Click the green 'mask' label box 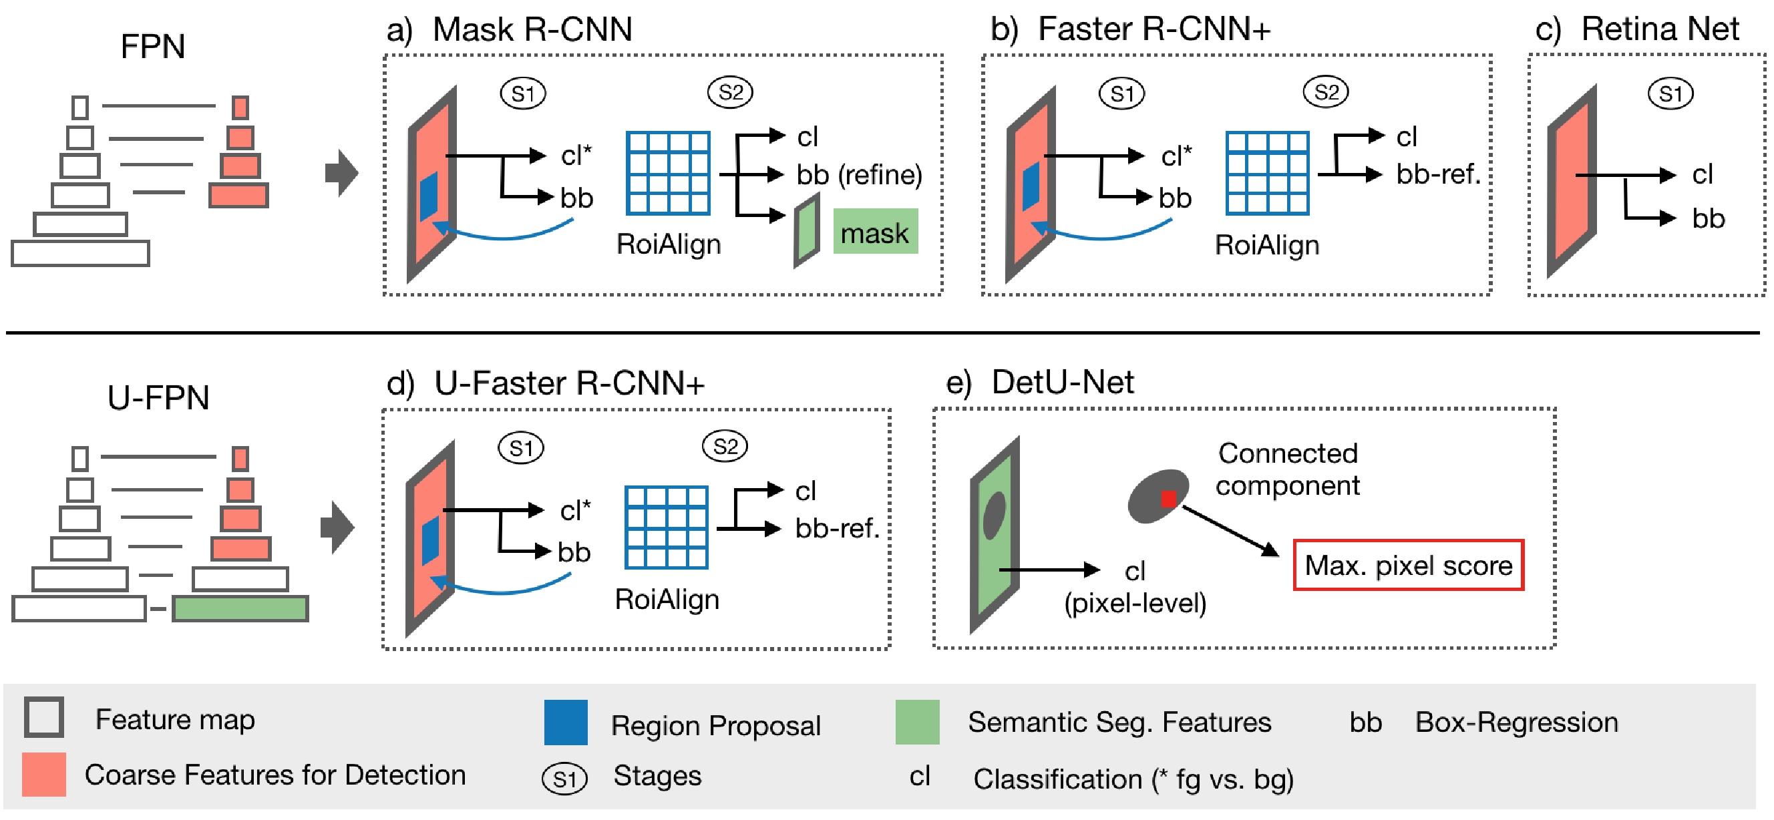click(874, 232)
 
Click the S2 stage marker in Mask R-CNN click(730, 92)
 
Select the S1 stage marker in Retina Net click(1670, 93)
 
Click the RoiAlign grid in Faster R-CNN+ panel click(1267, 174)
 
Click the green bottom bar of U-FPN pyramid click(240, 608)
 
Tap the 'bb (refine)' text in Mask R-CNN click(859, 175)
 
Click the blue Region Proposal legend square click(565, 723)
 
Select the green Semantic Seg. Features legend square click(916, 722)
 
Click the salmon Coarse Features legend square click(44, 775)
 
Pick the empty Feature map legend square click(44, 716)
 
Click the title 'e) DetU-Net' click(1040, 382)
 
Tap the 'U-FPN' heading click(158, 398)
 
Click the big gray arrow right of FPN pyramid click(341, 173)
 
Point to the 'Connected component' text click(1287, 469)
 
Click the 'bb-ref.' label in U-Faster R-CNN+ click(837, 529)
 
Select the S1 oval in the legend click(564, 779)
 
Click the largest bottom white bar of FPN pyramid click(81, 252)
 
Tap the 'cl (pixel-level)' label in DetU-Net click(1135, 587)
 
